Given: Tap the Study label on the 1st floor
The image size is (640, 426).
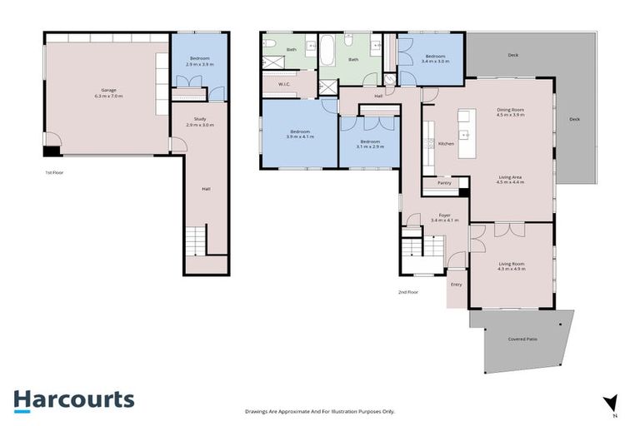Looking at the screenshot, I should (x=200, y=121).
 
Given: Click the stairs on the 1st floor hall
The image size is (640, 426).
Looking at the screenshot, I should (x=194, y=240).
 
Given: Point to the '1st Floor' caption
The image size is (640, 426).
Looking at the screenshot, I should (x=56, y=173).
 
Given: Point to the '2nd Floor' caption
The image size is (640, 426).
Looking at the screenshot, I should (x=408, y=292).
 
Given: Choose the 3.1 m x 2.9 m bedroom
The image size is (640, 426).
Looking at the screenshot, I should (x=369, y=143).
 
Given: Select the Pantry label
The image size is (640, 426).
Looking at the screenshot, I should (x=443, y=183).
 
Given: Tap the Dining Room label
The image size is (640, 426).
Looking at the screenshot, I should (x=510, y=111).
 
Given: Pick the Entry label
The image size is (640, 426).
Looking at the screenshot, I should (x=456, y=285).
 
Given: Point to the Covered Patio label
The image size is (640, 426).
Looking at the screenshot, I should (x=521, y=339).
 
